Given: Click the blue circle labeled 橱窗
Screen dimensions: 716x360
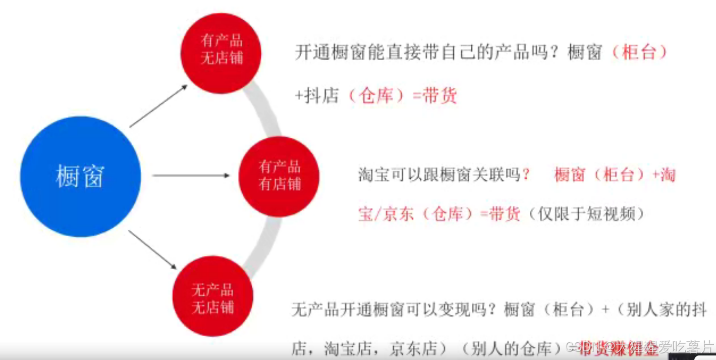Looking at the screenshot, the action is coord(80,176).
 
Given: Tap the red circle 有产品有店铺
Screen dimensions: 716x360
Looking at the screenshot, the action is coord(279,176).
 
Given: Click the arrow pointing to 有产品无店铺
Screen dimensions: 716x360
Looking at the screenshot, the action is coord(158,106).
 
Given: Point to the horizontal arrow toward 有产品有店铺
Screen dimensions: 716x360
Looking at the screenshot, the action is coord(190,176).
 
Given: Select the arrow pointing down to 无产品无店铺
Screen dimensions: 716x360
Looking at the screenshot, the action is coord(152,249).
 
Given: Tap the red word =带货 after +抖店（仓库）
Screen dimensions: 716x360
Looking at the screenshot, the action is coord(434,96).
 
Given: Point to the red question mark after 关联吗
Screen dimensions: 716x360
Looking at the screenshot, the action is coord(526,175).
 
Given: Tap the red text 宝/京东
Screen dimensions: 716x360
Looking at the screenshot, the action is coord(386,214).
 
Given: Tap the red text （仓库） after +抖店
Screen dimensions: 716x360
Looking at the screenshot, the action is coord(376,96).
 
